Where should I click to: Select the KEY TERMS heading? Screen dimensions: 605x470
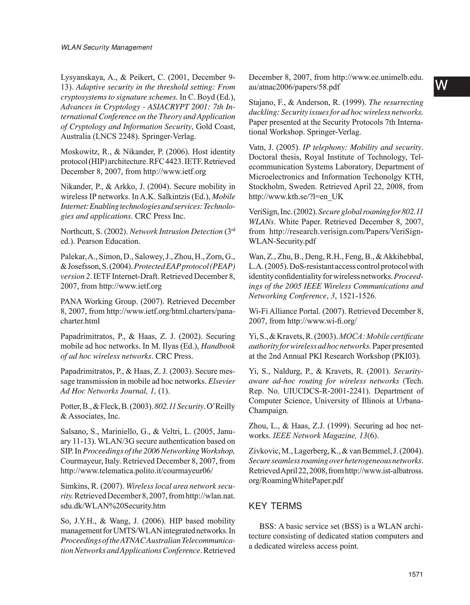[275, 506]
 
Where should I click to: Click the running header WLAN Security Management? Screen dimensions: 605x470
[106, 47]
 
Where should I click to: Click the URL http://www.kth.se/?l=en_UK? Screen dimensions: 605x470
[296, 197]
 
